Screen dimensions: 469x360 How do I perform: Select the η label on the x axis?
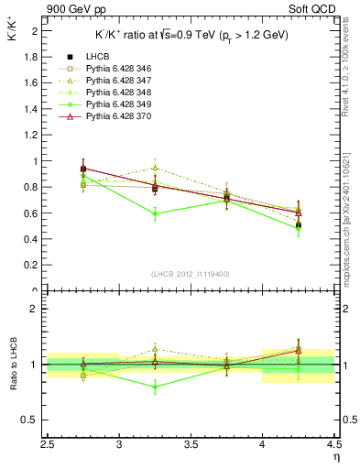tap(335, 456)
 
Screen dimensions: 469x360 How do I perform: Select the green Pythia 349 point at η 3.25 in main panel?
tap(157, 214)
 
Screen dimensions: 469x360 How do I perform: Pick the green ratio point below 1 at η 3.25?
tap(157, 387)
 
